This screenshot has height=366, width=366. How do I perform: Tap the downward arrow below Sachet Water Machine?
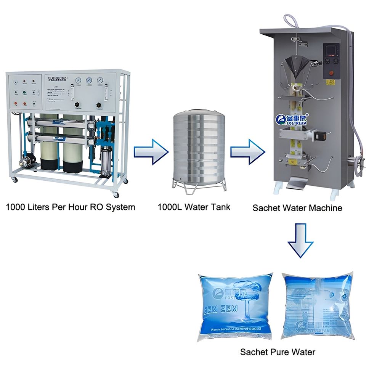(x=300, y=240)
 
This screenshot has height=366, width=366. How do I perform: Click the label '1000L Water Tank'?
(x=194, y=207)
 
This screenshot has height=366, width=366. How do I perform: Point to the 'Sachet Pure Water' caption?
(x=278, y=352)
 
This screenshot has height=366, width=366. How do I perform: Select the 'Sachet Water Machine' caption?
(x=297, y=208)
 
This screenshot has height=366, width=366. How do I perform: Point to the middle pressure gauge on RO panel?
(x=89, y=80)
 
